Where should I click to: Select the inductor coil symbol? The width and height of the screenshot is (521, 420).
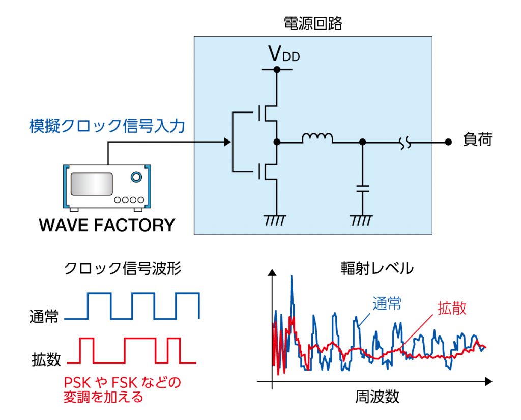[317, 138]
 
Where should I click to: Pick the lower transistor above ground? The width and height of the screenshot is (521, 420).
[267, 171]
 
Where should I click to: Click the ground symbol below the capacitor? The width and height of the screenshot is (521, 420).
[362, 220]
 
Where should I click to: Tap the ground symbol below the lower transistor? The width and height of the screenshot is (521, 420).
[276, 220]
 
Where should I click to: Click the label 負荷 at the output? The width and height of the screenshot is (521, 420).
[478, 140]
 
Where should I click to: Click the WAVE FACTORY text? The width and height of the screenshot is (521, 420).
[107, 225]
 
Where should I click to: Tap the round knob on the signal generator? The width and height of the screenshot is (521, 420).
[135, 177]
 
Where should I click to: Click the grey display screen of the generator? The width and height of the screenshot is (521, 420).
[92, 184]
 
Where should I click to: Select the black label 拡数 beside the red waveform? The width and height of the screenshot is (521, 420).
[45, 359]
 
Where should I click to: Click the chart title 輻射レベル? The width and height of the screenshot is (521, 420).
[377, 268]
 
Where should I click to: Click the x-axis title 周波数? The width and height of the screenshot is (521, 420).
[377, 397]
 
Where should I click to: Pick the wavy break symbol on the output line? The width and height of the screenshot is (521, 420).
[406, 143]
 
